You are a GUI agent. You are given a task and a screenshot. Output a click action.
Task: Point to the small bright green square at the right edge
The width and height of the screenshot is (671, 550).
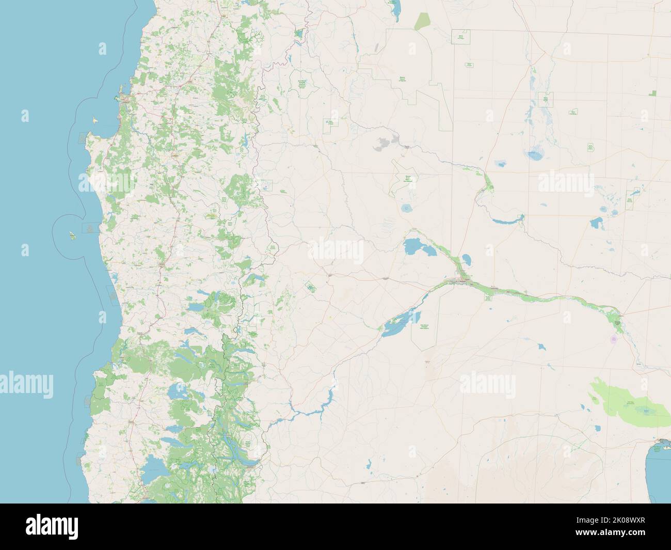(653, 93)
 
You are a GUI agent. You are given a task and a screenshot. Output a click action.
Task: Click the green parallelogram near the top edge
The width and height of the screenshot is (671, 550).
(423, 21)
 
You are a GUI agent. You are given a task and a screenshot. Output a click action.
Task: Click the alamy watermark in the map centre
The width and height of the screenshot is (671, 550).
(335, 250)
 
